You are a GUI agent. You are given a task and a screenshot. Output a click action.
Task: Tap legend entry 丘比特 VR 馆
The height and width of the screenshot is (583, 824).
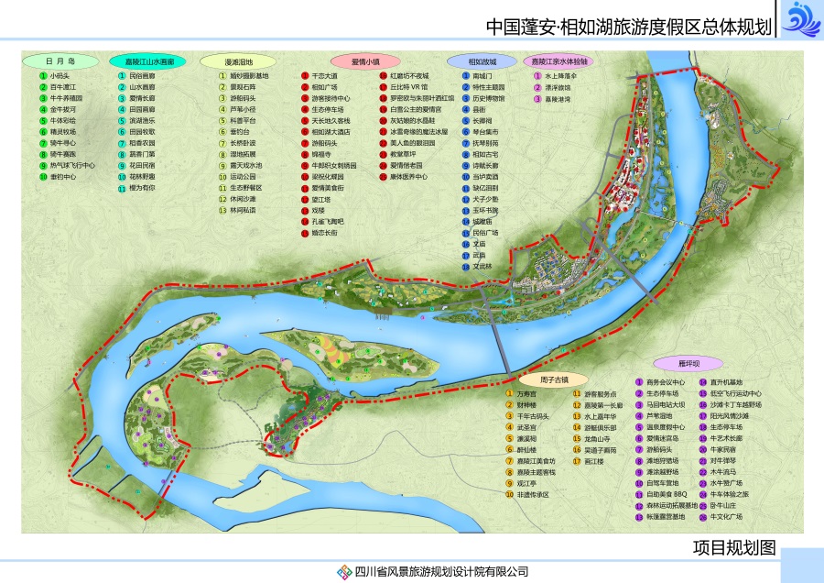pos(408,86)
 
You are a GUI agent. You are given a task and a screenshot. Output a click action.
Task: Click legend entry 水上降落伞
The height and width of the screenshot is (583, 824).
pos(559,76)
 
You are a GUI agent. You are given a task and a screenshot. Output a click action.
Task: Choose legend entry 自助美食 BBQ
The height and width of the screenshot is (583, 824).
pos(665,494)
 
